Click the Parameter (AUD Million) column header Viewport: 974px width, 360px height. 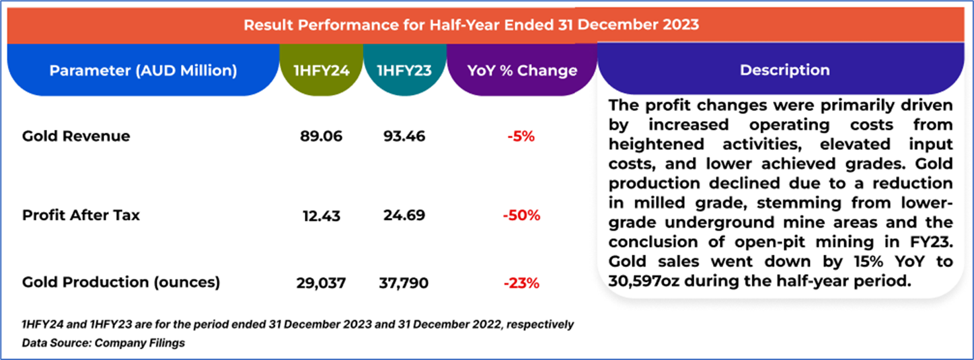(143, 71)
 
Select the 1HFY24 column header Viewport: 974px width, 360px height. (321, 71)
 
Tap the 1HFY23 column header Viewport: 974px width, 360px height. (404, 71)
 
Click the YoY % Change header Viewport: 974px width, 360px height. (522, 71)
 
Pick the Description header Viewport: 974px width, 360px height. (784, 70)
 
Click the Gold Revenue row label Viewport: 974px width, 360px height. (76, 137)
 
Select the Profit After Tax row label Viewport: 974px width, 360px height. (81, 216)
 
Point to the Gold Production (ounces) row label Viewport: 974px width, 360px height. (121, 283)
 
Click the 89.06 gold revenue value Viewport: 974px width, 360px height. (321, 137)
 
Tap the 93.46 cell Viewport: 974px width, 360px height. (404, 137)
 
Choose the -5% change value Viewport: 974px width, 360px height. (521, 137)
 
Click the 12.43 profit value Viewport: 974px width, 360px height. (321, 216)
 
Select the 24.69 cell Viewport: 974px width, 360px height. (404, 216)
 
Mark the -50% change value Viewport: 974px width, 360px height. (521, 216)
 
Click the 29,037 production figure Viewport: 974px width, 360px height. (321, 283)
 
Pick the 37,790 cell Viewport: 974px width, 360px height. (404, 283)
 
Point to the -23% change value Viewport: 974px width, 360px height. (521, 283)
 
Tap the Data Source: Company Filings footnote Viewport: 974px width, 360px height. (103, 343)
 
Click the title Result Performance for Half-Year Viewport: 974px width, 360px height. (471, 25)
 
